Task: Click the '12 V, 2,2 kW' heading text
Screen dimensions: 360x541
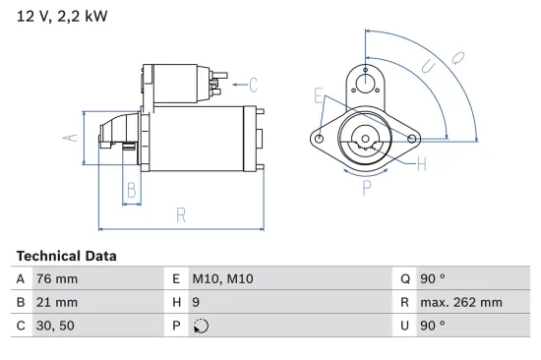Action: pos(61,18)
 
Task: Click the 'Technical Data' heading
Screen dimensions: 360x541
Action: pos(66,256)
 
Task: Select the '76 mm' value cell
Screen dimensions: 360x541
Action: pos(56,279)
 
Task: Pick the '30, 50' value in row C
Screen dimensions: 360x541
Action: pos(54,326)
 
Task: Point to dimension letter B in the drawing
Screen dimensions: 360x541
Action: pos(131,190)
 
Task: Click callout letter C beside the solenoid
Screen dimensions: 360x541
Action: pos(252,84)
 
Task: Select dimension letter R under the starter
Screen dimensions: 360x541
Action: pos(181,214)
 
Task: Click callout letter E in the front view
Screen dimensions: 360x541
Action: pos(318,95)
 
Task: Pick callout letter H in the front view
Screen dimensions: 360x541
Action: pos(421,164)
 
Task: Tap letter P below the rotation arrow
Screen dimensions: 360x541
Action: pos(366,186)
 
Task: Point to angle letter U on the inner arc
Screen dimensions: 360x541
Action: pos(426,67)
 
